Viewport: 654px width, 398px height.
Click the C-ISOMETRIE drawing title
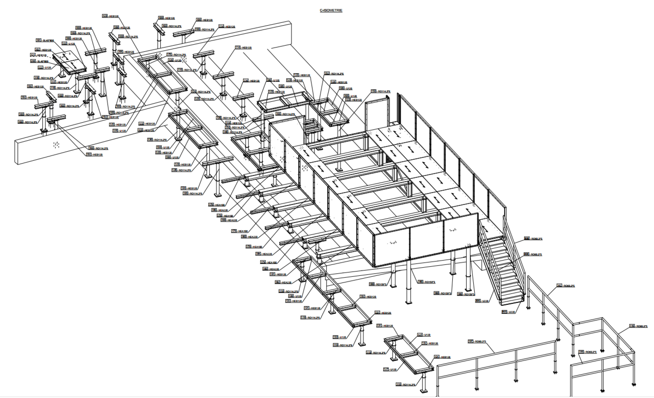(331, 11)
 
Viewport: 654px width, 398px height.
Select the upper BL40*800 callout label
(45, 41)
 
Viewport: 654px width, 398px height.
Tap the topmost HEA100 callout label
(217, 205)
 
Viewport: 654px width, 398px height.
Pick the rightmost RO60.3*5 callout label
(638, 326)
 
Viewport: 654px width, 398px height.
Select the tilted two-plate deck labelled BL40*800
(70, 63)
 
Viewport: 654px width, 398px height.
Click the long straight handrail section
(497, 361)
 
